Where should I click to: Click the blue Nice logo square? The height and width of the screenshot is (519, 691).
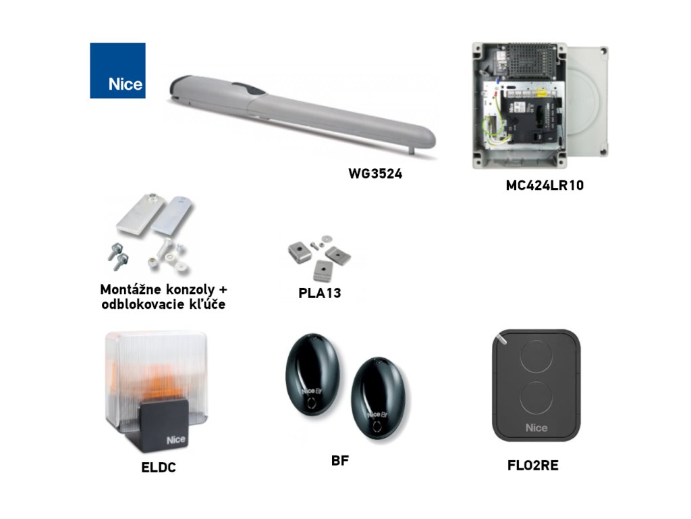(117, 70)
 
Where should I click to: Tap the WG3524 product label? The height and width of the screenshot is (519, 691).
(375, 173)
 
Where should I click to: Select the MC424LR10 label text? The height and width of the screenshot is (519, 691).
(545, 185)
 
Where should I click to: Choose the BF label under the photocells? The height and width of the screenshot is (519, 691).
(340, 462)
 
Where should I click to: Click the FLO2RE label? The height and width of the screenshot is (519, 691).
(532, 466)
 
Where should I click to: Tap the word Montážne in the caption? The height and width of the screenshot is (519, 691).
(130, 289)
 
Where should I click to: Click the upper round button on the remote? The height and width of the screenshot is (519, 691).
(536, 355)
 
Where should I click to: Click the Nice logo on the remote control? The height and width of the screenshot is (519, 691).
(536, 427)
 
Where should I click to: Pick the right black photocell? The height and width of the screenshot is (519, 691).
(379, 395)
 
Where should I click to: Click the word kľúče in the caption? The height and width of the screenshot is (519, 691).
(206, 304)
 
